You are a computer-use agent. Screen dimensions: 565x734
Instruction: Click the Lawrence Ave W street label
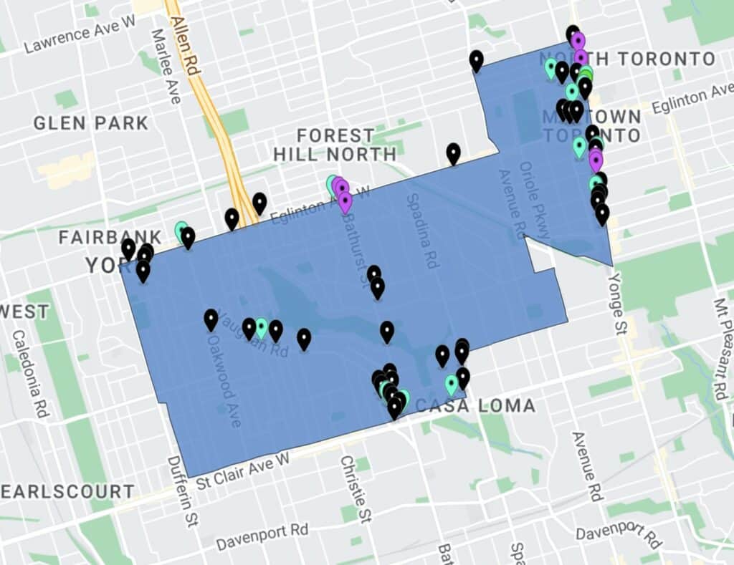pyautogui.click(x=80, y=37)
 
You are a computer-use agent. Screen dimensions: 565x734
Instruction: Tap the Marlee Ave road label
pyautogui.click(x=165, y=66)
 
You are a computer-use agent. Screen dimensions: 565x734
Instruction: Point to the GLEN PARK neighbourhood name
pyautogui.click(x=91, y=123)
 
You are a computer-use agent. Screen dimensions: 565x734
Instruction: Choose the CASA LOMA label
pyautogui.click(x=475, y=406)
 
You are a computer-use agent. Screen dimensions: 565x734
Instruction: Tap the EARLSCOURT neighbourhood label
pyautogui.click(x=67, y=492)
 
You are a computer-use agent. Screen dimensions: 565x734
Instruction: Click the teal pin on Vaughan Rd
pyautogui.click(x=262, y=328)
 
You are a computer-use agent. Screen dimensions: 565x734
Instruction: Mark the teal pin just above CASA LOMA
pyautogui.click(x=451, y=385)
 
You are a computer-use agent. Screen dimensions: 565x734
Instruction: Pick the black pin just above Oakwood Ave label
pyautogui.click(x=211, y=319)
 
